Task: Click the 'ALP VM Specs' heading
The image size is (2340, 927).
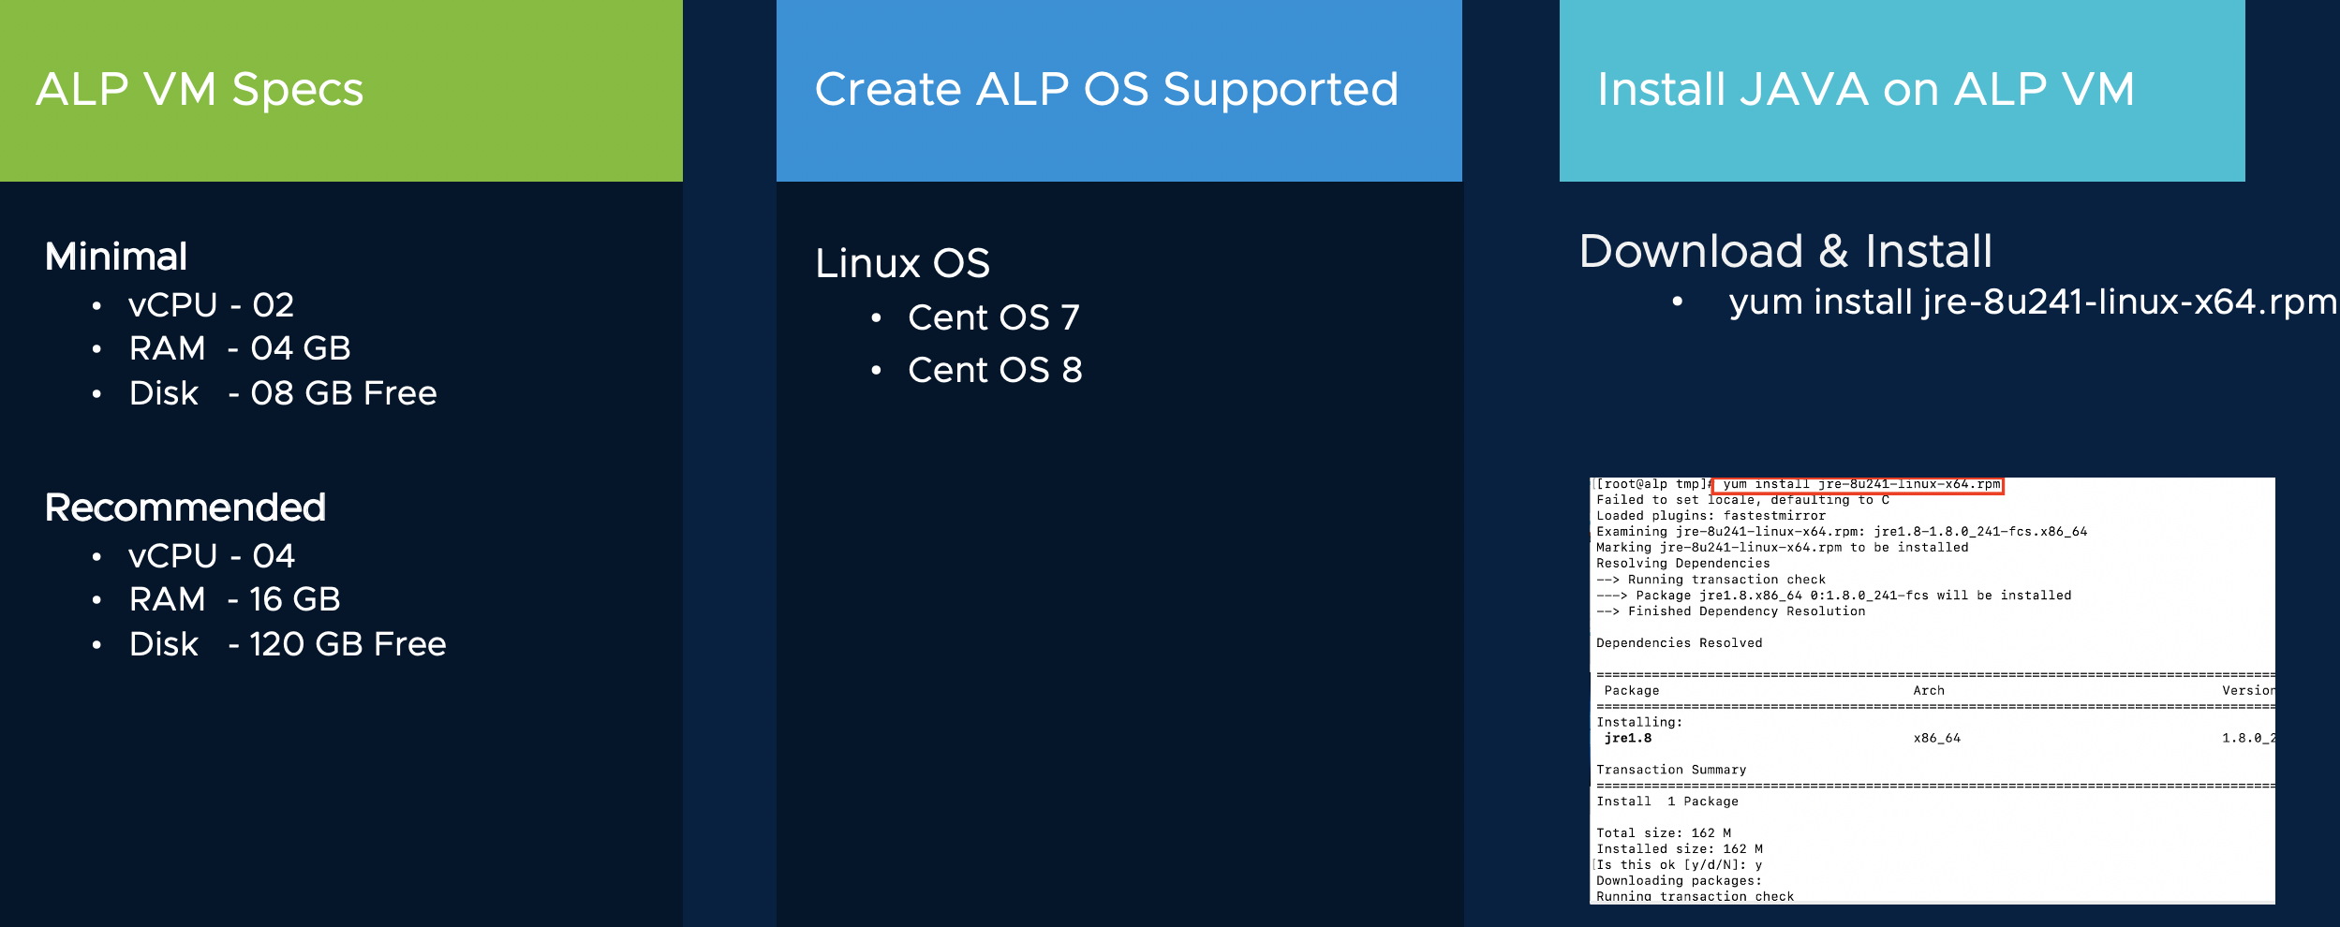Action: [200, 90]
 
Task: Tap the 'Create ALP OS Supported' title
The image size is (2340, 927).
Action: [1106, 90]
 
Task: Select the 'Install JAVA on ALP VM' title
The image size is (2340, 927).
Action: [1865, 90]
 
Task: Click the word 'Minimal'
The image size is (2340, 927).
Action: [116, 257]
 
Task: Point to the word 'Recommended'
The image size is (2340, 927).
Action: [185, 508]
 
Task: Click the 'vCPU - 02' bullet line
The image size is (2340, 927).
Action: [212, 305]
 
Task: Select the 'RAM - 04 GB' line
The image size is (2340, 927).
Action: [240, 348]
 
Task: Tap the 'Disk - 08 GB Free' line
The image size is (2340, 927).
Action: [283, 393]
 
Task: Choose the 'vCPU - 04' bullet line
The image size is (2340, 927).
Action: [212, 556]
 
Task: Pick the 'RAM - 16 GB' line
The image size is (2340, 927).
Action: [235, 599]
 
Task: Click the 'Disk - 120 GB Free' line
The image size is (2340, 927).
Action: [288, 644]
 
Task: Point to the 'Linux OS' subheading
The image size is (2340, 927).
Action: [902, 263]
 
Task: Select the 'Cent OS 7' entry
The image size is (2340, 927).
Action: [994, 317]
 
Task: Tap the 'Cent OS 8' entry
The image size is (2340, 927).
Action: [995, 370]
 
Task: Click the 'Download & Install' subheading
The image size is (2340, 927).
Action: [1785, 251]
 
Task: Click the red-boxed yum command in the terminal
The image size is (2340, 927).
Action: [1858, 485]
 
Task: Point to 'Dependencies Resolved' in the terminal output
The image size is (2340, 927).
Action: [1679, 643]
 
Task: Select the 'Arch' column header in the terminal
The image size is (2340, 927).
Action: [1929, 691]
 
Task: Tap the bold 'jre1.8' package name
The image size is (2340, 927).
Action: [1628, 739]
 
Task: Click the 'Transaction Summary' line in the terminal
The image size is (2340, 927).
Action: [1671, 770]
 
